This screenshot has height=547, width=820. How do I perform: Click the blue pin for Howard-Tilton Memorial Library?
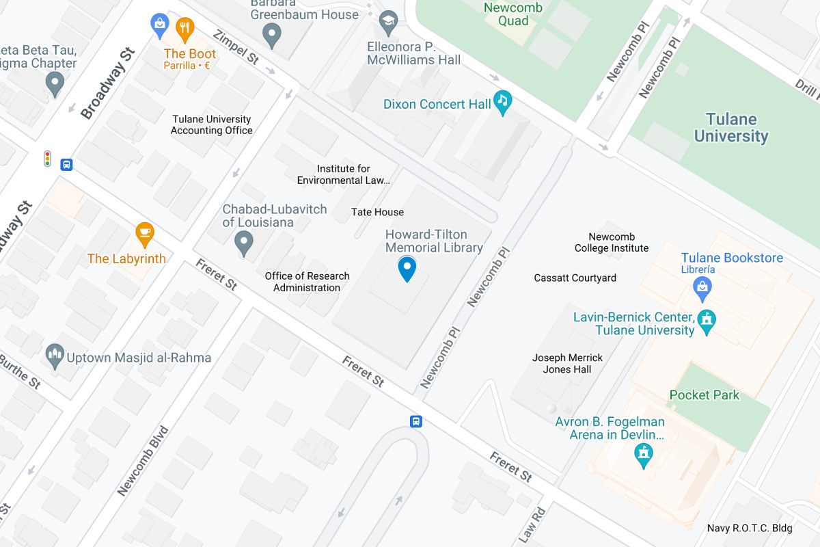407,268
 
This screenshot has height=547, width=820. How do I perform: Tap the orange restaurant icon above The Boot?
184,28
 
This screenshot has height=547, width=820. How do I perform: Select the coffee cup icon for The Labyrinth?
144,234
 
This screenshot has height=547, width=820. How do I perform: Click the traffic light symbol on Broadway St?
48,159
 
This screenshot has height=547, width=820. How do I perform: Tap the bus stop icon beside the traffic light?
67,164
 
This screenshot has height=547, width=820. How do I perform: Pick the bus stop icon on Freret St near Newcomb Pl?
415,421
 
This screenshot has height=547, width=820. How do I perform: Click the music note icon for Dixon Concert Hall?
503,103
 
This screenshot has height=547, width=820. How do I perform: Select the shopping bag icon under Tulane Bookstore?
702,290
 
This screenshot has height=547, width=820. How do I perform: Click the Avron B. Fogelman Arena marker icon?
643,454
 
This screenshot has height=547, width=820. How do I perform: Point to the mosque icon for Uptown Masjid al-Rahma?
55,356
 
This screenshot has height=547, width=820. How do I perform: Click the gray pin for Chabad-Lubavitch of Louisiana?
244,242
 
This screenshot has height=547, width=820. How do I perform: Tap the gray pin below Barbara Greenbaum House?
273,34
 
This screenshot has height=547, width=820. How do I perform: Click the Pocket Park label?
704,395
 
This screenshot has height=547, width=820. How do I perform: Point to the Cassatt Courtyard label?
575,278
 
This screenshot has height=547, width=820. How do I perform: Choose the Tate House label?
377,213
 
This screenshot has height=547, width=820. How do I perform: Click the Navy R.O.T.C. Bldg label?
750,528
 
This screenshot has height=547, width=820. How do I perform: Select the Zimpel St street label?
236,47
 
